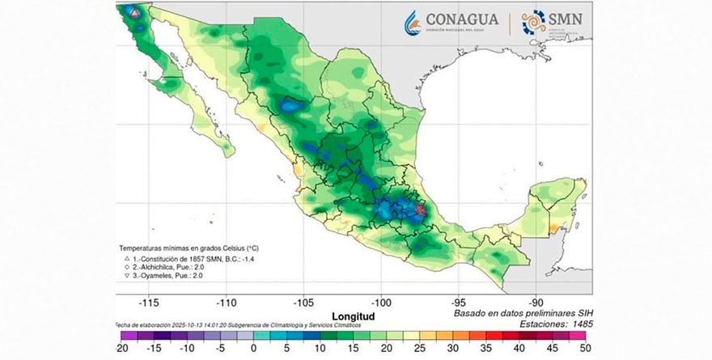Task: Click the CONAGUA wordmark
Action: (x=462, y=19)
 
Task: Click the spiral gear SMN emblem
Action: (x=534, y=22)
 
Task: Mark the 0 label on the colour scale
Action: (x=253, y=348)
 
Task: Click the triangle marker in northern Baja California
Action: (x=133, y=14)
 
